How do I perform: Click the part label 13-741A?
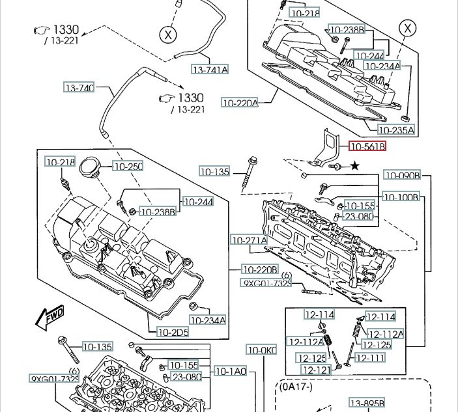pyautogui.click(x=210, y=69)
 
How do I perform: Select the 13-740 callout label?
pyautogui.click(x=79, y=87)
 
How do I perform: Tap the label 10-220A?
pyautogui.click(x=240, y=102)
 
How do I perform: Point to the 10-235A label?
pyautogui.click(x=397, y=131)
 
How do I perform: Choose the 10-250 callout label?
pyautogui.click(x=128, y=167)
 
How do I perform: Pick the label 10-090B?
pyautogui.click(x=402, y=175)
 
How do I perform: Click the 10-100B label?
pyautogui.click(x=402, y=197)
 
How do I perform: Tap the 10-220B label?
pyautogui.click(x=260, y=269)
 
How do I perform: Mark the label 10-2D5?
pyautogui.click(x=173, y=332)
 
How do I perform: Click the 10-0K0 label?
pyautogui.click(x=261, y=350)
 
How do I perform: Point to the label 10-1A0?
pyautogui.click(x=231, y=372)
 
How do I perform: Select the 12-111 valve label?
pyautogui.click(x=370, y=358)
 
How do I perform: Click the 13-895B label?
pyautogui.click(x=367, y=402)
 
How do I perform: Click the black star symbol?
pyautogui.click(x=354, y=167)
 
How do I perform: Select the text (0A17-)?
pyautogui.click(x=298, y=387)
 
